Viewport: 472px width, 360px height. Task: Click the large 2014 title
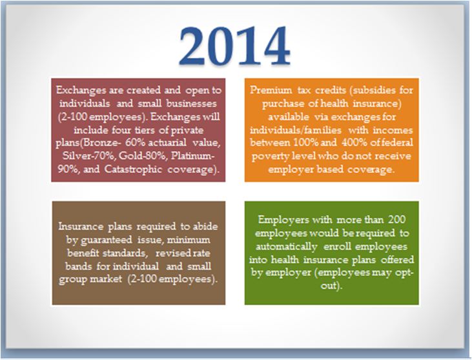pyautogui.click(x=234, y=46)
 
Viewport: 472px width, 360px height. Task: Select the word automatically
pyautogui.click(x=286, y=246)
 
